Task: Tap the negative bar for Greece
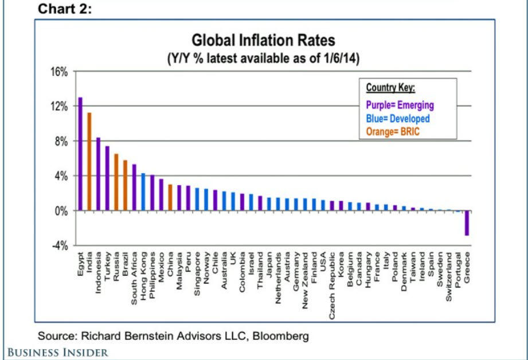(467, 223)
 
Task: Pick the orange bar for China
(170, 197)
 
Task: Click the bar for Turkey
(107, 178)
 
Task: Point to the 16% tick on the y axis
(59, 72)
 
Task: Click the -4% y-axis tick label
(59, 245)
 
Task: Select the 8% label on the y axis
(61, 141)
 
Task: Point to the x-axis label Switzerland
(449, 277)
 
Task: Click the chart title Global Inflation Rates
(263, 41)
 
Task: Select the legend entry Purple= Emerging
(400, 105)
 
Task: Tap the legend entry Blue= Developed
(397, 118)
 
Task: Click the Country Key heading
(390, 88)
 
